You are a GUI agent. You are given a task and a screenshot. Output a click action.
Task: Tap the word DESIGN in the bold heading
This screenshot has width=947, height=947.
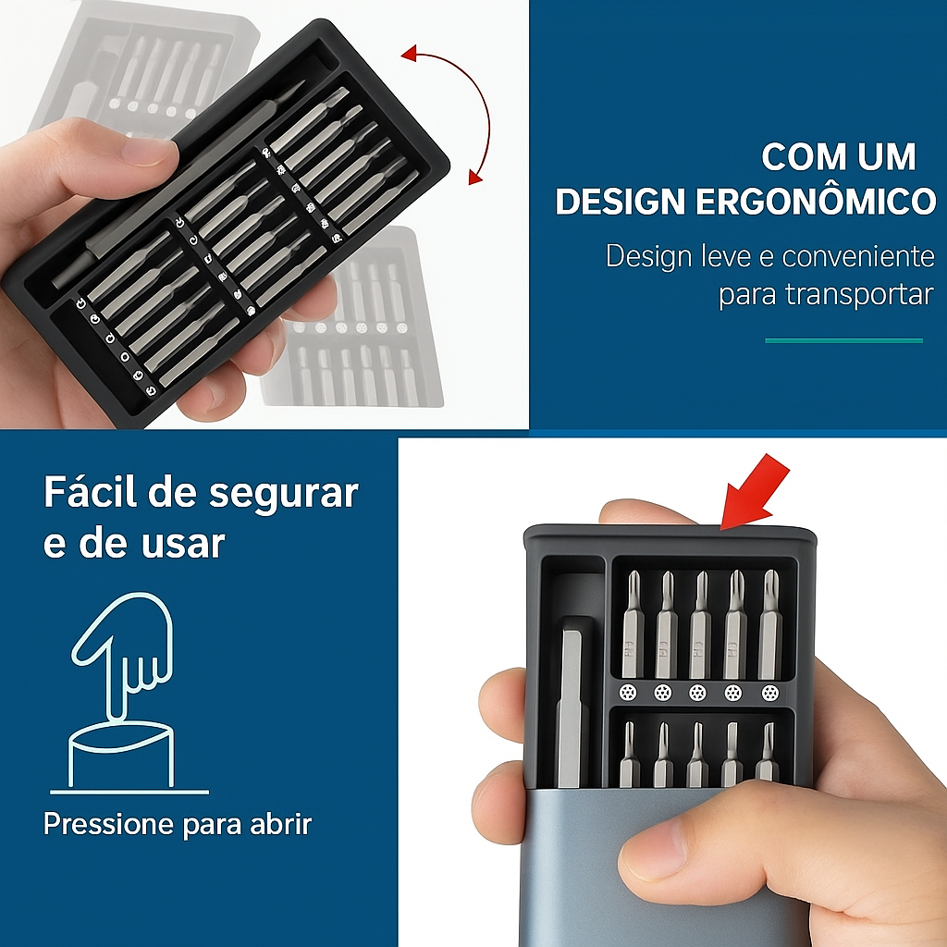[621, 201]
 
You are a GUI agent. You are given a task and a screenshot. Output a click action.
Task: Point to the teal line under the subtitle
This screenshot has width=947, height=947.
[843, 340]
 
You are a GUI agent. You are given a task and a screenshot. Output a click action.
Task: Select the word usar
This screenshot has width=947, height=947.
[183, 543]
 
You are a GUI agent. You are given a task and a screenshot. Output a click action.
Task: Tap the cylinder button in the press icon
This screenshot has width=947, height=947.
[121, 755]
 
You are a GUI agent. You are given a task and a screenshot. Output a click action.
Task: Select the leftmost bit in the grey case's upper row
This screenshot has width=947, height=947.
[632, 624]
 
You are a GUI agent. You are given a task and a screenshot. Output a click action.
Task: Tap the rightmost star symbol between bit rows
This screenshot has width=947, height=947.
[769, 693]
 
